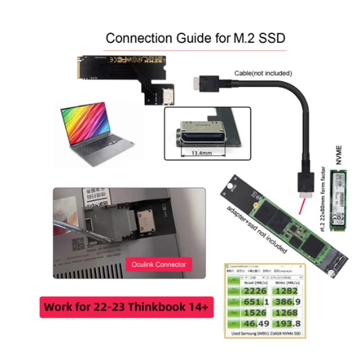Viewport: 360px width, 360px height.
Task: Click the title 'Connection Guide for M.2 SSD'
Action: (195, 38)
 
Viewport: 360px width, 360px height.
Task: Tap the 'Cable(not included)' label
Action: (263, 73)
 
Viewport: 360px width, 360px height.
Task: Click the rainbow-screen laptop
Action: (95, 135)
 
